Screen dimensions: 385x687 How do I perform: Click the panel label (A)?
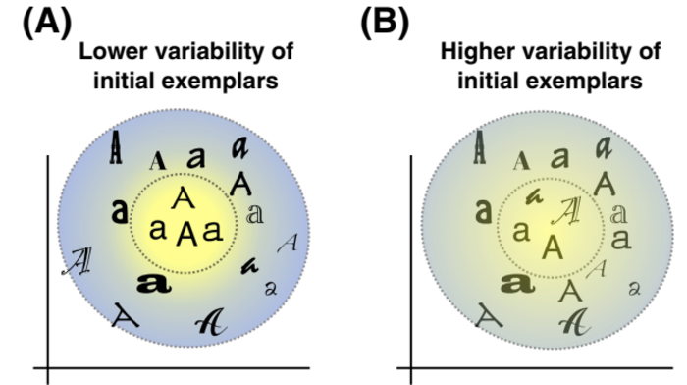[x=48, y=22]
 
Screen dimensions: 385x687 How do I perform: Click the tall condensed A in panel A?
[x=116, y=148]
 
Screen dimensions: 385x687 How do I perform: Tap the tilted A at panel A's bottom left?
[x=125, y=313]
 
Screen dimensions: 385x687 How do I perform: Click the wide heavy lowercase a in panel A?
[x=152, y=283]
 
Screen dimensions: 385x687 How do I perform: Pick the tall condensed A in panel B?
[x=479, y=148]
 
